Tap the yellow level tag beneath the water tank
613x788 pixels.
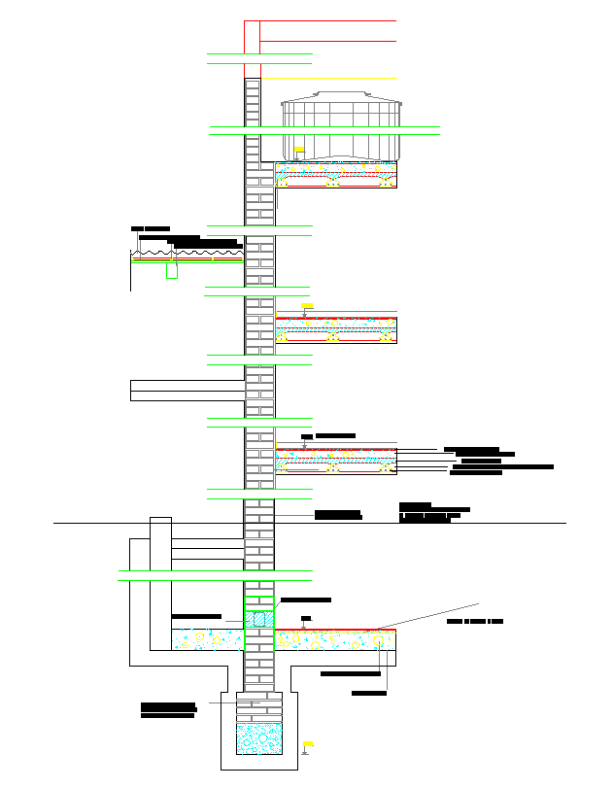(x=299, y=151)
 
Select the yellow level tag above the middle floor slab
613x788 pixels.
(x=307, y=306)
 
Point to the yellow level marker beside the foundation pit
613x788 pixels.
(x=306, y=743)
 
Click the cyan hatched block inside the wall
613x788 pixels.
(x=258, y=619)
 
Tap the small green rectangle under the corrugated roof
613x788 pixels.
(x=172, y=270)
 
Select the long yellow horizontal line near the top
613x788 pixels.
(x=329, y=78)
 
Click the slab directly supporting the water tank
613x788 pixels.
(x=336, y=175)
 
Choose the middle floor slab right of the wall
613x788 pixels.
(x=336, y=329)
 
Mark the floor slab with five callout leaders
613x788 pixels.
(x=336, y=461)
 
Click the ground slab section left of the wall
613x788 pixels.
(x=207, y=639)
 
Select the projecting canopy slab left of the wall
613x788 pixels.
(x=186, y=391)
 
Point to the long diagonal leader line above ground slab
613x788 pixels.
(x=427, y=616)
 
